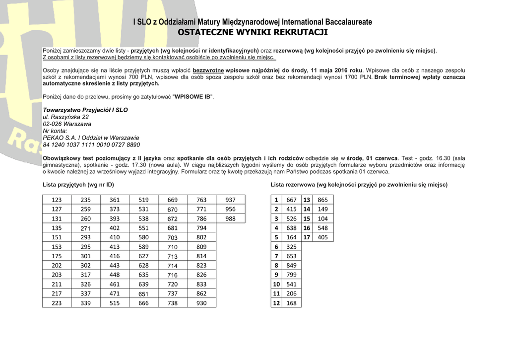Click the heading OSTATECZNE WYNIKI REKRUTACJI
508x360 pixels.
point(253,33)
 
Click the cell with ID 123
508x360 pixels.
point(57,200)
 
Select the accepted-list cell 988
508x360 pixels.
point(230,218)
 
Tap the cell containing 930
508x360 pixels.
point(201,303)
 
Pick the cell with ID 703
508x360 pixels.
point(172,238)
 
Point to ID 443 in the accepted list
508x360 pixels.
point(115,266)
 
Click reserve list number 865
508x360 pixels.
point(322,200)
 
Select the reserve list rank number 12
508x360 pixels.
point(276,303)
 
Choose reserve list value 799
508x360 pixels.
point(291,275)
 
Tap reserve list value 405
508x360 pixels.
point(322,237)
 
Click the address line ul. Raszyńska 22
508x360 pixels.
point(66,117)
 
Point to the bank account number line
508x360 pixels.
point(91,144)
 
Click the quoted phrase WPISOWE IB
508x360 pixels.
point(193,96)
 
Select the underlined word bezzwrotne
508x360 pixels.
point(208,70)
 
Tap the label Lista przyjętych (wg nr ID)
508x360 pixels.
point(78,185)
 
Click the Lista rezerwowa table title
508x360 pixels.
point(359,185)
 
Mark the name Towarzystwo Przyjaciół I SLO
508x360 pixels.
point(85,110)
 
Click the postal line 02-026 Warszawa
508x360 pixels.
point(67,124)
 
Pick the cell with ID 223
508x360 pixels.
point(57,303)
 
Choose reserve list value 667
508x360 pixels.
point(291,200)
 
